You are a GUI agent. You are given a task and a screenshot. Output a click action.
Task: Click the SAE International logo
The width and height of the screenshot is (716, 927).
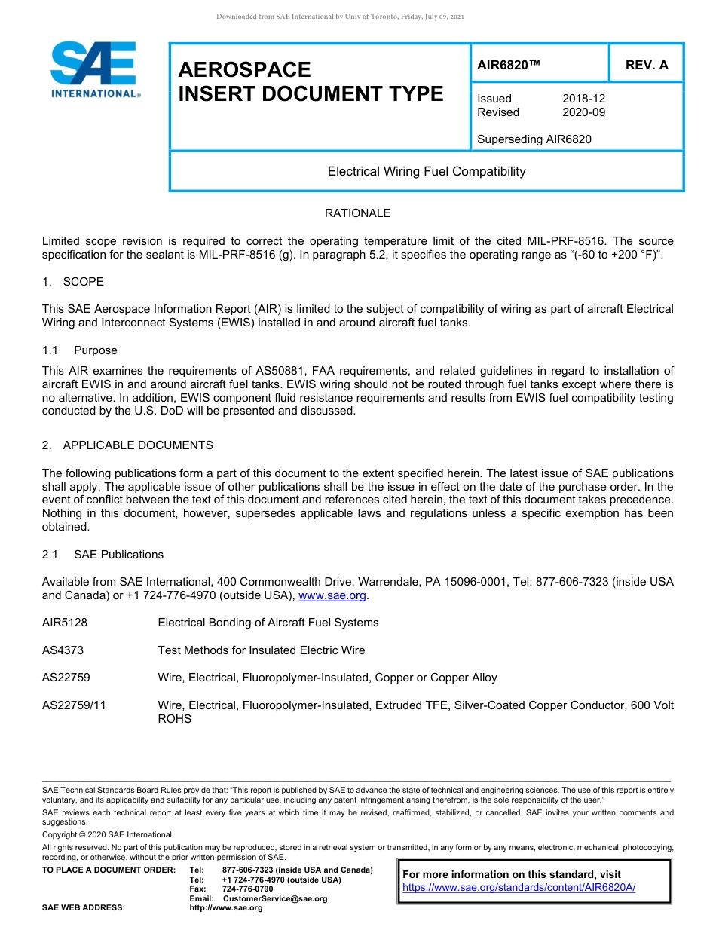pos(94,69)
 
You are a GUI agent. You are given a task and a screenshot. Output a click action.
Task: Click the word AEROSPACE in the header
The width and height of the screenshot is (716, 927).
pos(244,69)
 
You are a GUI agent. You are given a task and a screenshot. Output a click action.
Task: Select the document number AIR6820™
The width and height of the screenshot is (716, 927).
pos(509,65)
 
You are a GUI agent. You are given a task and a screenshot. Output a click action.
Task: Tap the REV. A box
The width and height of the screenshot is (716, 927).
pos(646,65)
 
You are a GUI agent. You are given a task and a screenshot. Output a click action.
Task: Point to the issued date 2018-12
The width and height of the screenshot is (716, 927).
pos(583,99)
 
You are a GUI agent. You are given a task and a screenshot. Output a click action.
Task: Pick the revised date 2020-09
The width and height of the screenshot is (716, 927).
pos(583,112)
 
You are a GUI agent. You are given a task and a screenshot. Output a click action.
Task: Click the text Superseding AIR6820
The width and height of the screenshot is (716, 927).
pos(534,139)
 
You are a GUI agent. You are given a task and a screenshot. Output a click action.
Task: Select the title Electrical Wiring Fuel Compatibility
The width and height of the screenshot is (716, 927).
pos(427,172)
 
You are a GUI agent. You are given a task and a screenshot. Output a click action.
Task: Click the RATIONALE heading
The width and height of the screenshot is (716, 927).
pos(357,213)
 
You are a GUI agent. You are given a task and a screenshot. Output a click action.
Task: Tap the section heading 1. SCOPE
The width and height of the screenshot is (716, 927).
pos(73,282)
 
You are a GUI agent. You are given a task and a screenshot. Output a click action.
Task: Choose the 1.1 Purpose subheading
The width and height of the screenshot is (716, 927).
pos(79,350)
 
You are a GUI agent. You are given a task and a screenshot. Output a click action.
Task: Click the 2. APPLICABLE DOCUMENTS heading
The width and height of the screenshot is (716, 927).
pos(127,445)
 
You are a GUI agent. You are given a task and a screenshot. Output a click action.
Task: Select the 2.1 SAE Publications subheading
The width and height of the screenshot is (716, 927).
pos(103,555)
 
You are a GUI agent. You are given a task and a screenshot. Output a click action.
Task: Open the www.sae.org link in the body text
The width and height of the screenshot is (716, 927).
pos(332,595)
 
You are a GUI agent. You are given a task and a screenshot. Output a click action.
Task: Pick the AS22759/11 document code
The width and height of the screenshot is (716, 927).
pos(73,705)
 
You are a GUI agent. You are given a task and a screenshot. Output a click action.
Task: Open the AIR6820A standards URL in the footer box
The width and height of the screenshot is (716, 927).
pos(519,888)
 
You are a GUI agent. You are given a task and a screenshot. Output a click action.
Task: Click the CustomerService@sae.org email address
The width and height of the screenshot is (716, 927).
pos(274,898)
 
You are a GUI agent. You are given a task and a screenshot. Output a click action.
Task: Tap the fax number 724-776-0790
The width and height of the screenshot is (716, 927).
pos(247,889)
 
